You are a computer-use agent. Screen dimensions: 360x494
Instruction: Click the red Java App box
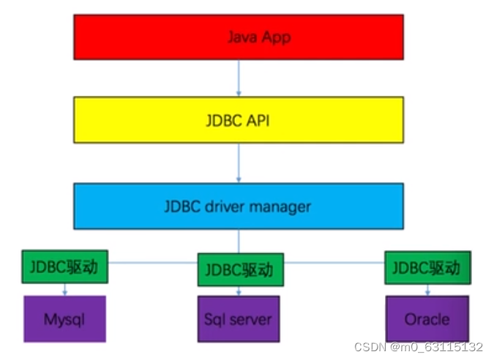coord(238,36)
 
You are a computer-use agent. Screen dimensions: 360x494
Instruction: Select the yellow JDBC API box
coord(238,119)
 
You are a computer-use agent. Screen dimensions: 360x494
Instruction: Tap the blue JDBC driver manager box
coord(238,206)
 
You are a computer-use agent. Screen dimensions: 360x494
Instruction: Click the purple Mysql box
coord(64,319)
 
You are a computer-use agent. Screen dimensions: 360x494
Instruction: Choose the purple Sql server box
coord(238,319)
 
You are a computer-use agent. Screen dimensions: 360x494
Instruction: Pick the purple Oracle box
coord(427,319)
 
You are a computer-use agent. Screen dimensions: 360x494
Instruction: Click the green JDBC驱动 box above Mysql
coord(64,268)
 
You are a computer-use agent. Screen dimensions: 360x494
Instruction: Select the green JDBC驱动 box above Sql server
coord(240,270)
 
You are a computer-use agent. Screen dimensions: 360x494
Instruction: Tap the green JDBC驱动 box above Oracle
coord(427,268)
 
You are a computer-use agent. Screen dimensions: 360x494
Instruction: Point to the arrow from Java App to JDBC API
coord(239,78)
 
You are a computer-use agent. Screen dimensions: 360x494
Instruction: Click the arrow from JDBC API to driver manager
coord(239,162)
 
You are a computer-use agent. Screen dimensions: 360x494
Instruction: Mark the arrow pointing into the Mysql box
coord(65,290)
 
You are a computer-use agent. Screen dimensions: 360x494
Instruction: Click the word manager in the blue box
coord(280,206)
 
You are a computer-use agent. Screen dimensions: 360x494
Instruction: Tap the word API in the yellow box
coord(256,119)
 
